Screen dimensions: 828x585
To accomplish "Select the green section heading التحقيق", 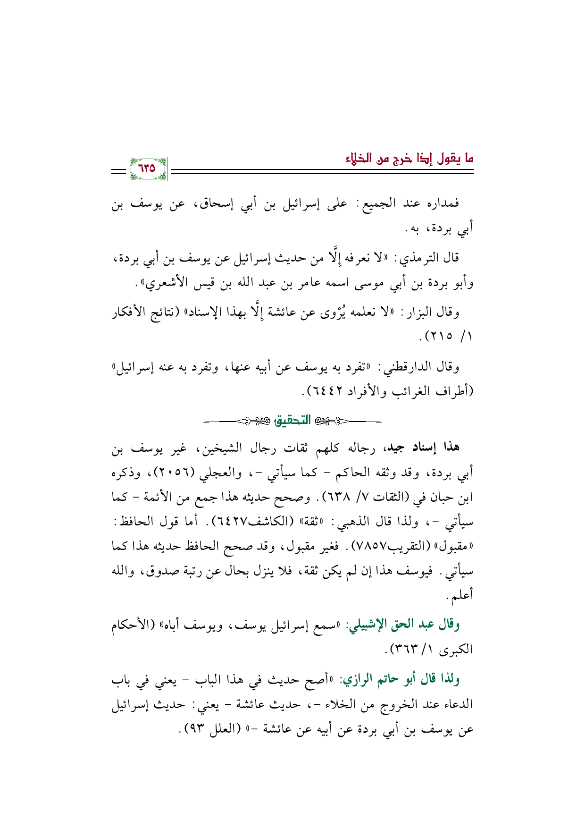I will click(x=293, y=420).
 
